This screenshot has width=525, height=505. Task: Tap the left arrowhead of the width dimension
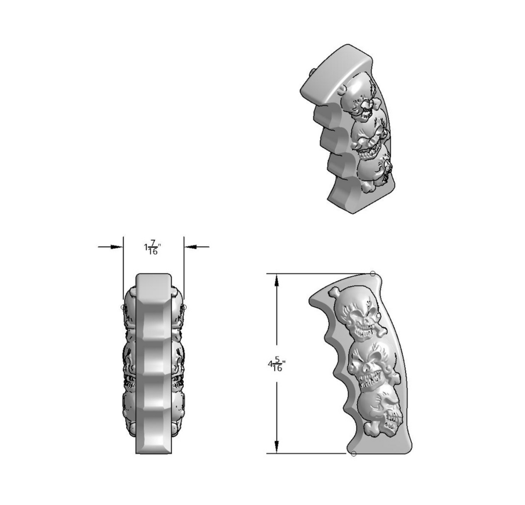[117, 247]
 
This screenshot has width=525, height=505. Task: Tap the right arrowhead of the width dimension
[190, 247]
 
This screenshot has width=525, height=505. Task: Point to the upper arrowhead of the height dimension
[276, 280]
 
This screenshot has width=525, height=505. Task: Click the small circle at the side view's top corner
[373, 274]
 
